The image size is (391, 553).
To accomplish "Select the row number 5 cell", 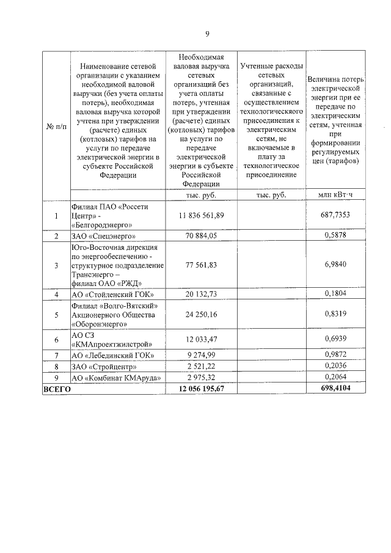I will click(56, 315).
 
